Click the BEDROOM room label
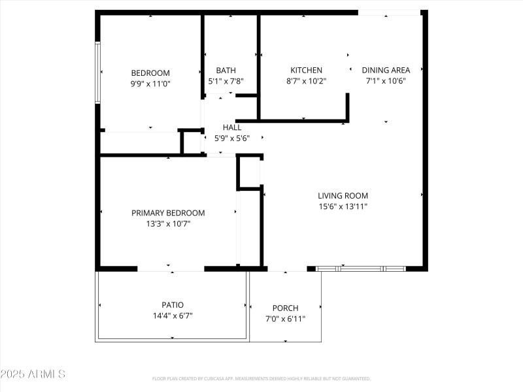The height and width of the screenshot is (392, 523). coord(150,73)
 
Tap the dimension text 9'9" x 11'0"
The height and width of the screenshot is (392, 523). coord(150,84)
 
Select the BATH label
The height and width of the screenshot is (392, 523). coord(226,71)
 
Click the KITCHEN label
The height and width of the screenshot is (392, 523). coord(306,71)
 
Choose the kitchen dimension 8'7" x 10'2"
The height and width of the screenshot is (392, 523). coord(306,81)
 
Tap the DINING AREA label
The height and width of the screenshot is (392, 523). coord(386,71)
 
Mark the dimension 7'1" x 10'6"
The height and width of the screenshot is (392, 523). coord(386,81)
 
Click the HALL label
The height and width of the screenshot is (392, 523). coord(232,128)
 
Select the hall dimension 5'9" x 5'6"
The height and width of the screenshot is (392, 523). coord(232,139)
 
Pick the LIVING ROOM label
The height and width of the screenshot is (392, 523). coord(343,195)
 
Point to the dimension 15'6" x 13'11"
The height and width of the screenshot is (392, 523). coord(343,206)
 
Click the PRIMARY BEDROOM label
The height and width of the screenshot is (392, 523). coord(168,213)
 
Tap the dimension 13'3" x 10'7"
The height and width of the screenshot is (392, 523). coord(168,223)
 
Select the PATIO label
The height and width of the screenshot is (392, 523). coord(173,305)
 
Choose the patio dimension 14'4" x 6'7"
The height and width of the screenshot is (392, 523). coord(173,316)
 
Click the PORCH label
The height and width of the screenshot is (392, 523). coord(285,308)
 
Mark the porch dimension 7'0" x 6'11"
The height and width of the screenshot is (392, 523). coord(285,319)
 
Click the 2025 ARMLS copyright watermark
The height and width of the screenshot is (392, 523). coord(33,374)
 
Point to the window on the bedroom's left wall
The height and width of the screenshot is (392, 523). coord(97,73)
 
